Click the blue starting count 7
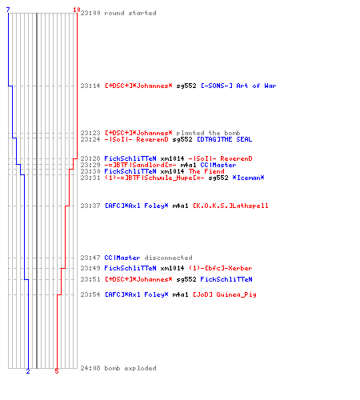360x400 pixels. point(8,10)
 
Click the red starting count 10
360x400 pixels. point(77,10)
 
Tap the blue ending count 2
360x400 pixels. point(28,371)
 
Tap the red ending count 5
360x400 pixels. point(57,371)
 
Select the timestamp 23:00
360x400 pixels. point(90,13)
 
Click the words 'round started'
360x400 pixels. point(130,13)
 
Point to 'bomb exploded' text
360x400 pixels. point(130,368)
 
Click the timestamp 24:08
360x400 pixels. point(90,368)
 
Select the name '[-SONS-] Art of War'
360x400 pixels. point(238,86)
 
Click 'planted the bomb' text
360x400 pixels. point(208,133)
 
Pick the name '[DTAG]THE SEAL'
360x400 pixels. point(224,139)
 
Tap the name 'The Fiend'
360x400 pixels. point(206,171)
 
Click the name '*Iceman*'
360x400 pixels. point(248,178)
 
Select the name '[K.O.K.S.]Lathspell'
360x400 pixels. point(230,206)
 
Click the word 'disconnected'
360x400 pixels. point(168,258)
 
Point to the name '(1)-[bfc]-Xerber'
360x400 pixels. point(220,268)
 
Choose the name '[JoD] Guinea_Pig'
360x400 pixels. point(224,294)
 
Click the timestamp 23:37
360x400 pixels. point(90,206)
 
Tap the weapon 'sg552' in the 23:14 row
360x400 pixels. point(186,86)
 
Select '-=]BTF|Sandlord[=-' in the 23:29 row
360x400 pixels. point(140,165)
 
